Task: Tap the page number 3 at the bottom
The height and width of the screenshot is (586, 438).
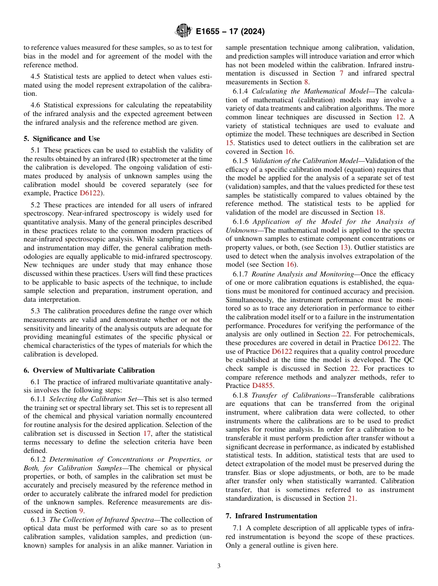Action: [219, 566]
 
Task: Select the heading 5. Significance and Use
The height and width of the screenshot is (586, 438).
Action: [62, 139]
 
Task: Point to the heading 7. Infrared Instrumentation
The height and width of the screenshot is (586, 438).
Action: [271, 516]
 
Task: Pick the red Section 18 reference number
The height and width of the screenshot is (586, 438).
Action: [380, 212]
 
